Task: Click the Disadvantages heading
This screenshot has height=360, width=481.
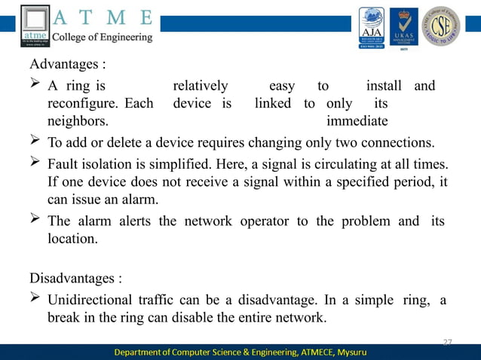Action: point(75,278)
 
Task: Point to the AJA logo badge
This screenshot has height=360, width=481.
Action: point(371,27)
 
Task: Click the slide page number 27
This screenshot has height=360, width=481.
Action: point(447,343)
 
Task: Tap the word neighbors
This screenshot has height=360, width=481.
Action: point(77,121)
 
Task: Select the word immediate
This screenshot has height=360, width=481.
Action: point(357,121)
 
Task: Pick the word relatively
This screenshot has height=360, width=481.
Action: point(201,85)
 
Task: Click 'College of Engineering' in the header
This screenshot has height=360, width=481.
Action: point(102,37)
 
